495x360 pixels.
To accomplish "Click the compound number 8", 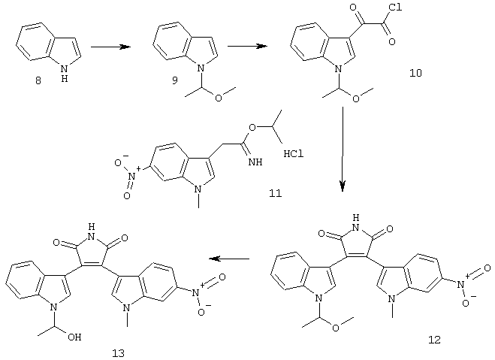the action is tap(38, 81).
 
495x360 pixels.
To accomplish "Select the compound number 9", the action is tap(174, 80).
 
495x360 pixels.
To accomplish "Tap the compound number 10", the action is tap(415, 73).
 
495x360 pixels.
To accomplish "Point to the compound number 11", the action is tap(275, 193).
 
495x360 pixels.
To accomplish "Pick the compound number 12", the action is tap(434, 340).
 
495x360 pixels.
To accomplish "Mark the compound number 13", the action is tap(119, 353).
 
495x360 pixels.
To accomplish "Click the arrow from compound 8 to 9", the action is tap(111, 47).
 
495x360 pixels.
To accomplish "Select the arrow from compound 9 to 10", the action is tap(248, 46).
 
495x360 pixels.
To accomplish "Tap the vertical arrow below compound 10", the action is tap(343, 149).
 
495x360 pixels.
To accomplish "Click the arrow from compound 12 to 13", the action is tap(230, 259).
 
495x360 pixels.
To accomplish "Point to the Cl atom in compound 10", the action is tap(396, 8).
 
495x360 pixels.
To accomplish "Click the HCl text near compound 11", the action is tap(294, 154).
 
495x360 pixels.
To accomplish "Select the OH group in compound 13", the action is tap(74, 337).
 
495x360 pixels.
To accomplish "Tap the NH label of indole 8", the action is tap(65, 73).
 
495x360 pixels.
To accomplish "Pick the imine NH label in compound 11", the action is tap(255, 162).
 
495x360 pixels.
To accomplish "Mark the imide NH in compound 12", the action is tap(356, 222).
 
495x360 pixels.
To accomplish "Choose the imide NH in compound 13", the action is tap(91, 231).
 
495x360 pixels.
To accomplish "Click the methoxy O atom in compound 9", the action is tap(218, 98).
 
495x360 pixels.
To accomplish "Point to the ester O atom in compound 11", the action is tap(252, 128).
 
